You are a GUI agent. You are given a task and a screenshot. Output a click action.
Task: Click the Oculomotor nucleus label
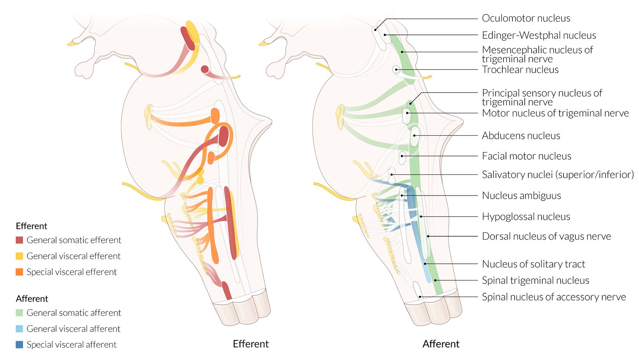[526, 18]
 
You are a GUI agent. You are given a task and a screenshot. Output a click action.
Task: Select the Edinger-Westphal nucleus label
[539, 36]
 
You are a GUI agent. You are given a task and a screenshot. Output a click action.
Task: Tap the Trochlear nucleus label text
[520, 70]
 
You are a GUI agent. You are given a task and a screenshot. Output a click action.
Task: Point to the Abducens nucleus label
[521, 136]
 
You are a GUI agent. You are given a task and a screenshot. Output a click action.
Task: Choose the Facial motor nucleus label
[526, 156]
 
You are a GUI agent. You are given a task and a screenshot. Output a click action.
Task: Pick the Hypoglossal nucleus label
[526, 217]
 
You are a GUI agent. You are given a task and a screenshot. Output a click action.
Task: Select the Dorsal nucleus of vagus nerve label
[546, 236]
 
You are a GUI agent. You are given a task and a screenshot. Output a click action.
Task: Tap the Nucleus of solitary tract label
[533, 264]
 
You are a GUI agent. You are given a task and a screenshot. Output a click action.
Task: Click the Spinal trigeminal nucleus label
[535, 281]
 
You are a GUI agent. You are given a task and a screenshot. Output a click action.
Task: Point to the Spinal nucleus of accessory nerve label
[554, 297]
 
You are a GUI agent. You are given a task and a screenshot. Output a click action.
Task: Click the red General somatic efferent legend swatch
[19, 240]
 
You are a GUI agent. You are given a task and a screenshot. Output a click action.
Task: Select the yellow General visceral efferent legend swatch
[19, 256]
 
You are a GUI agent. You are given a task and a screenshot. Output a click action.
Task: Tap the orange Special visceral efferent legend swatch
[19, 272]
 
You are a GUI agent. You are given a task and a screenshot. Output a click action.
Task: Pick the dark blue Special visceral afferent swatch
[19, 345]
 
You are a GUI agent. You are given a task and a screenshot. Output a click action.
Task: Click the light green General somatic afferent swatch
[19, 313]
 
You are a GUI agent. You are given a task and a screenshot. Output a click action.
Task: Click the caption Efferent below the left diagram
[250, 344]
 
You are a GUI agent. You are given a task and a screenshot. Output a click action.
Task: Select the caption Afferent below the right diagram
[441, 344]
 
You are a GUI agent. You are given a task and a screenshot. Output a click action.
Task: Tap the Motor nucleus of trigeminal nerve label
[555, 113]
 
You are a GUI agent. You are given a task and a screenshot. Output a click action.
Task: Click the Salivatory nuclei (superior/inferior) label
[558, 175]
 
